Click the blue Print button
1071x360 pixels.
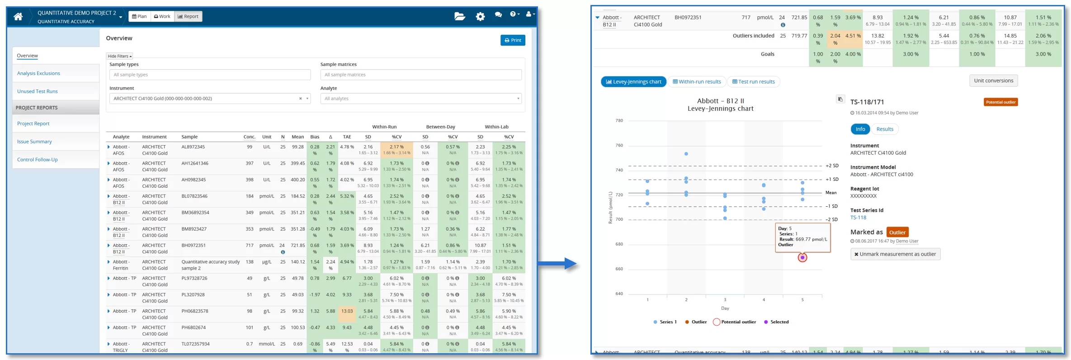tap(513, 40)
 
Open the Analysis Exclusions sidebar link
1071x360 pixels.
tap(38, 73)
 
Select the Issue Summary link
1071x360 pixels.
tap(34, 142)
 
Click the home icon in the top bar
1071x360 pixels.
tap(18, 17)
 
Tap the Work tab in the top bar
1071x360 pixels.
tap(162, 16)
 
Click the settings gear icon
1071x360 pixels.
tap(480, 16)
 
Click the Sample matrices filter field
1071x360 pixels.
tap(420, 75)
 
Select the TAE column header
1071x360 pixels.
tap(347, 137)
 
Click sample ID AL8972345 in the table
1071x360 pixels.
tap(193, 147)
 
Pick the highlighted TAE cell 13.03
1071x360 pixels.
tap(347, 311)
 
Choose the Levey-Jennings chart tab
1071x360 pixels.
tap(633, 82)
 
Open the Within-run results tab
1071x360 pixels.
tap(697, 82)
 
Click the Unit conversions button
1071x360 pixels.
tap(993, 81)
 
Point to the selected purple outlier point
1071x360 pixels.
tap(802, 258)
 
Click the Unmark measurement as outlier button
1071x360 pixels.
tap(895, 254)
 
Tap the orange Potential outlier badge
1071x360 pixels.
tap(1000, 102)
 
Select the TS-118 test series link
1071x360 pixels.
tap(858, 218)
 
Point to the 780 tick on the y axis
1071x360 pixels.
tap(619, 121)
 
